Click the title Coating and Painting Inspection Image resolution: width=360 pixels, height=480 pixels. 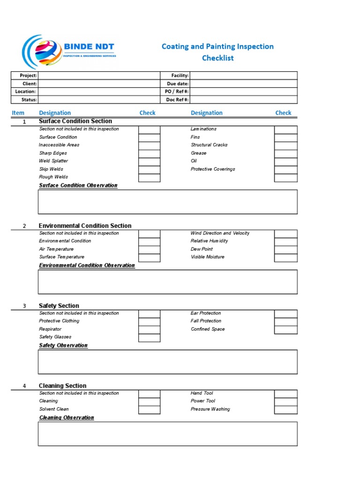pos(217,46)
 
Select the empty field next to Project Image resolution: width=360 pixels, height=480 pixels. pos(98,75)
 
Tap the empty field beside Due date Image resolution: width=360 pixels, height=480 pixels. pos(243,83)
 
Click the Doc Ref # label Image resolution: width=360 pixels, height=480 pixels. pos(177,100)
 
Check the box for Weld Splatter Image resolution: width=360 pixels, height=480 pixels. pos(150,162)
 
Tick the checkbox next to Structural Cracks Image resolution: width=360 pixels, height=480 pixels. pos(285,146)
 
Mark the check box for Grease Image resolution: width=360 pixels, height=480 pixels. pos(285,154)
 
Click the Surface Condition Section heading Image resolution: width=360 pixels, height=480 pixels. pos(75,121)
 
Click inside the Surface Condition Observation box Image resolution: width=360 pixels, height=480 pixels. pos(167,202)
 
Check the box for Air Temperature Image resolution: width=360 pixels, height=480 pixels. pos(150,250)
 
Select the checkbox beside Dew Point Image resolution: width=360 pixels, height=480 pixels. pos(285,250)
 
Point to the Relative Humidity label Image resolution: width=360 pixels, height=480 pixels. pos(209,241)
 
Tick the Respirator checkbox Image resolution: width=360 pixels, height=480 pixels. pos(150,330)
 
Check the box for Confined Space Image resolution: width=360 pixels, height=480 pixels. pos(285,330)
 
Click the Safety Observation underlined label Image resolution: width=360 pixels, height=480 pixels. pos(63,345)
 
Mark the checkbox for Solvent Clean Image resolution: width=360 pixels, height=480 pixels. pos(150,410)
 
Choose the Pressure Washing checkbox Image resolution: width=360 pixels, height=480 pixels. pos(285,410)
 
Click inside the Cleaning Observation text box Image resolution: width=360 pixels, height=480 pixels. pos(167,434)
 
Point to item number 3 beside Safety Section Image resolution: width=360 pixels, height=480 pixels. pos(24,306)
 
